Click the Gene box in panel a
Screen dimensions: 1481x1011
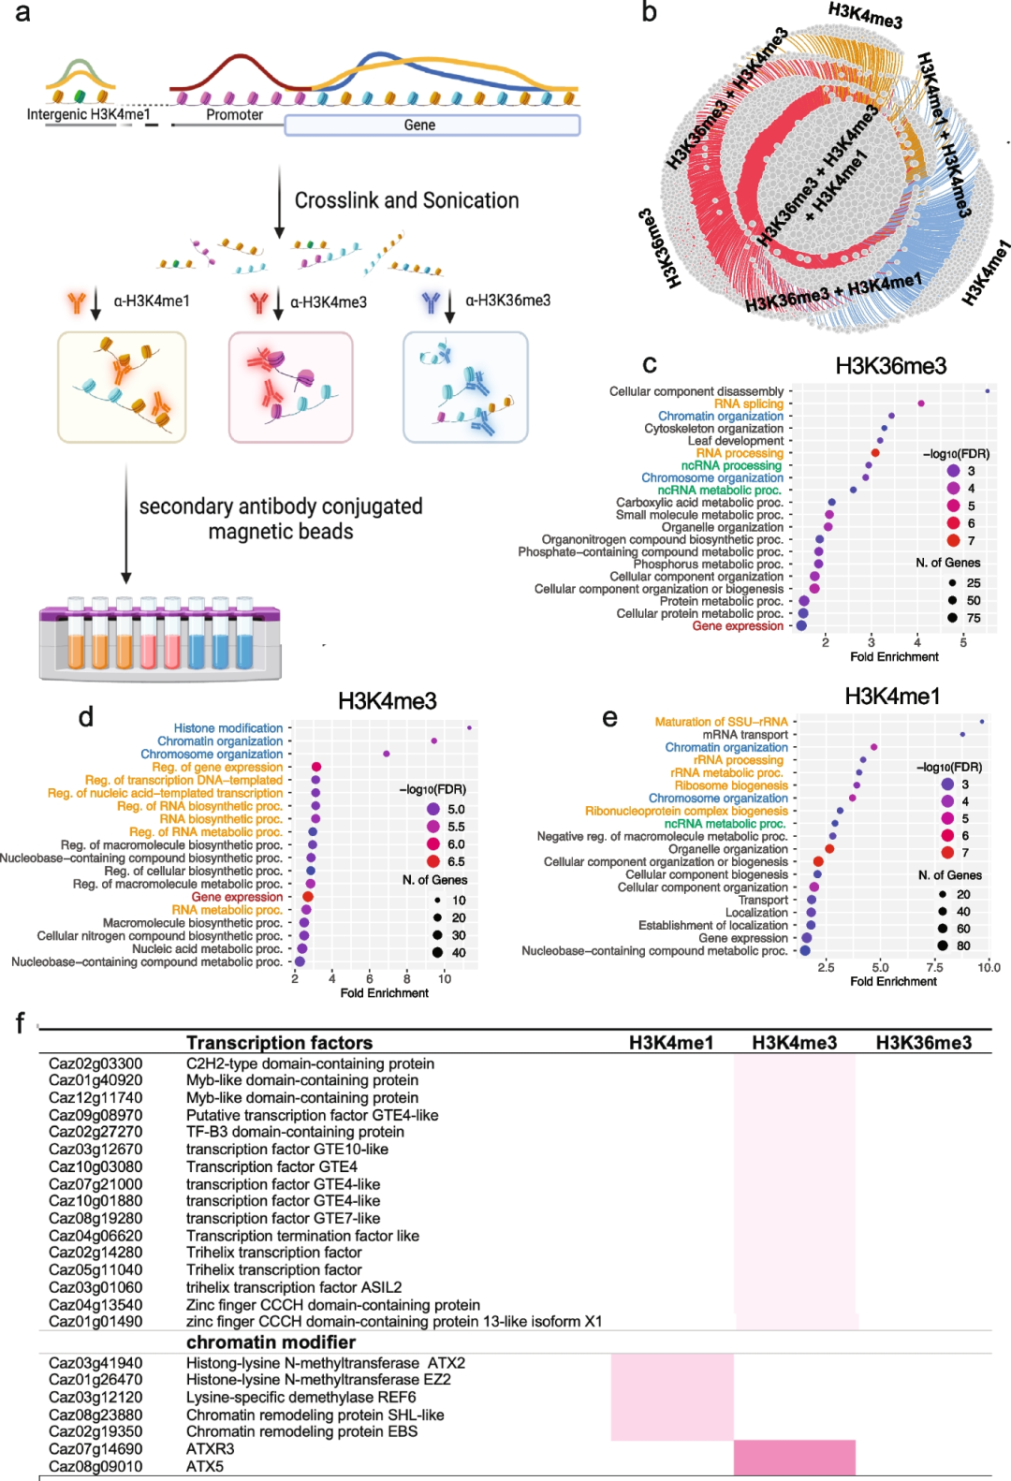[432, 125]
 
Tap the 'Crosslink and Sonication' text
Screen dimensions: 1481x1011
[406, 200]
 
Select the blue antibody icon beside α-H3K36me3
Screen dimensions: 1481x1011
[431, 301]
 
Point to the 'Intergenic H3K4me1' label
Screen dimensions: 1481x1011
[88, 114]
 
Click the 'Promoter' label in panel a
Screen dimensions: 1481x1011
[234, 114]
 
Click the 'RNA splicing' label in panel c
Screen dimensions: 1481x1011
[748, 403]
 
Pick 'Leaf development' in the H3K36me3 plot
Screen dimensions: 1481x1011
[736, 441]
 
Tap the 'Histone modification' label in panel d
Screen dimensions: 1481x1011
[227, 728]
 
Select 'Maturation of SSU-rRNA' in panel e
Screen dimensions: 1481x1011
[721, 722]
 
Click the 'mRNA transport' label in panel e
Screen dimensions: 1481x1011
[745, 735]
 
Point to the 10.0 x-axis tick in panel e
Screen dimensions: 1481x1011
[989, 967]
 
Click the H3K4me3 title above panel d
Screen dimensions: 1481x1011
[387, 701]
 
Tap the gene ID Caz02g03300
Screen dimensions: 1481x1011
[95, 1063]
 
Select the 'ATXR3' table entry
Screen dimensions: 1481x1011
[211, 1449]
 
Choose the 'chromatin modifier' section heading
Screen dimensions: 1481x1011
[271, 1342]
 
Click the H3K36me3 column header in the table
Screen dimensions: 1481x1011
[923, 1043]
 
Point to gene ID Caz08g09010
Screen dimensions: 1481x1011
[95, 1466]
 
